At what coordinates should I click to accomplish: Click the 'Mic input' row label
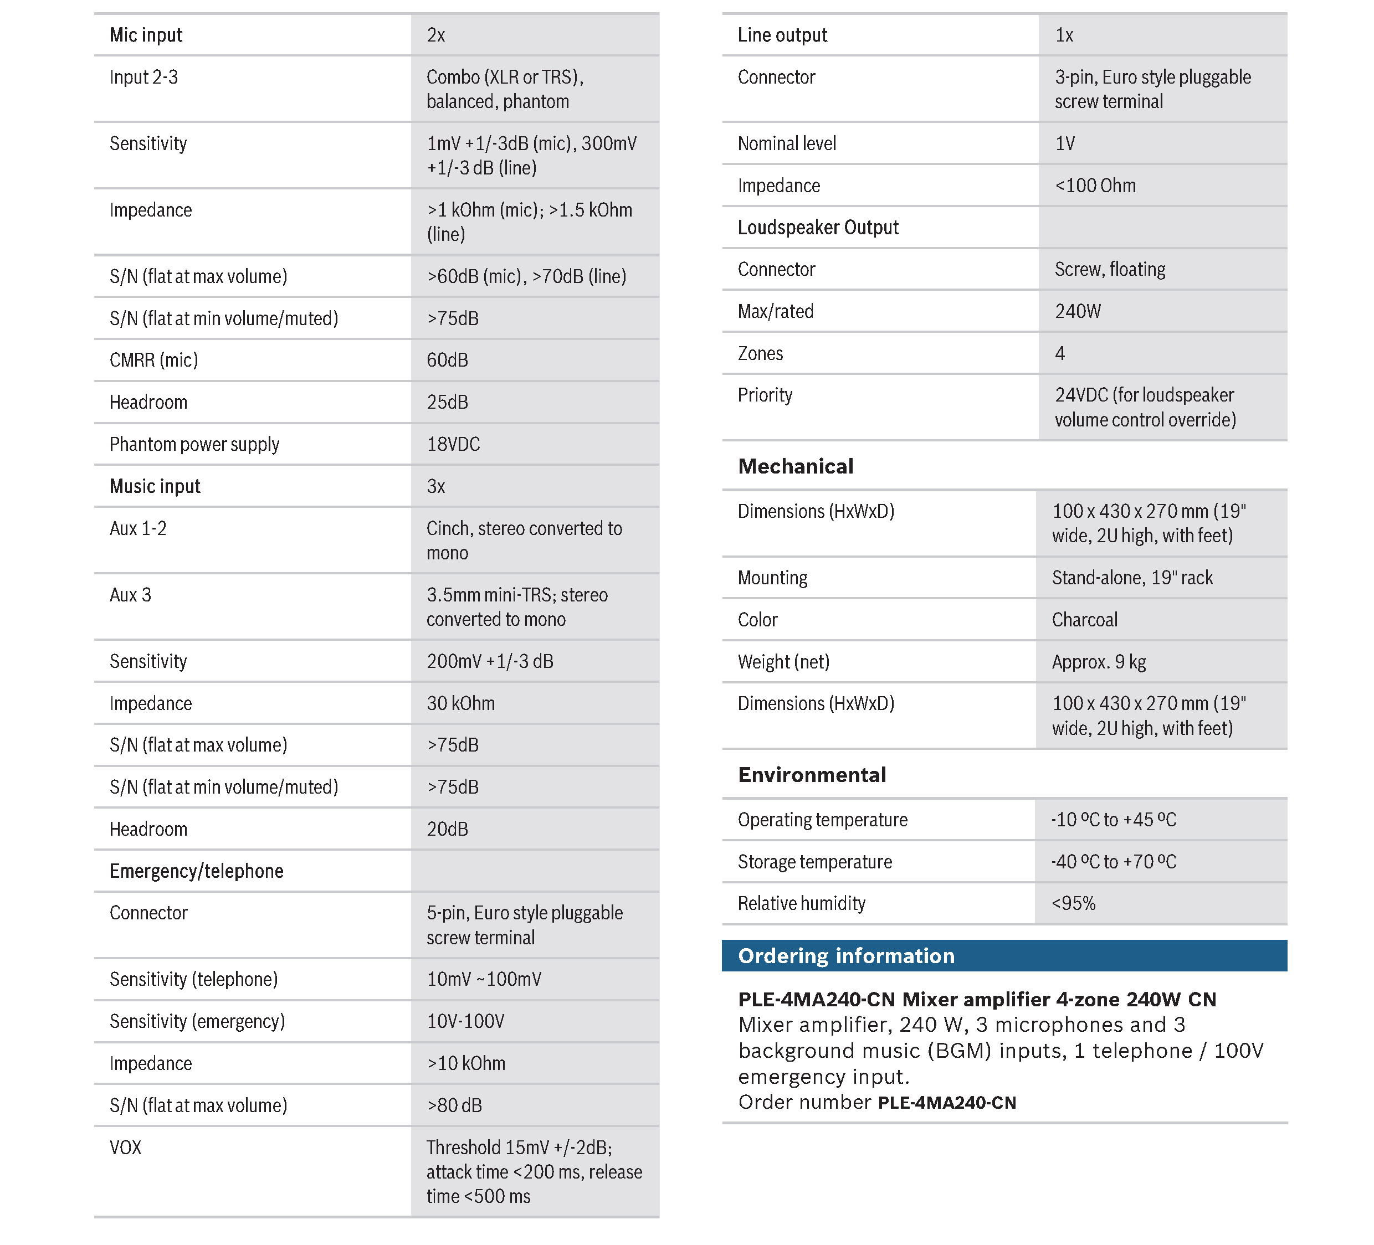click(146, 35)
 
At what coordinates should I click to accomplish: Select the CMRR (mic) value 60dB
click(447, 360)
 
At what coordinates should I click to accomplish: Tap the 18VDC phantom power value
click(453, 444)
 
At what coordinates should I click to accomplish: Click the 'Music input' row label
click(155, 487)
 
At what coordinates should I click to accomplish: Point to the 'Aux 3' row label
click(130, 595)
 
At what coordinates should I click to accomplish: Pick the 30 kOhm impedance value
click(461, 703)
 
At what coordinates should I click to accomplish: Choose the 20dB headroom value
click(447, 829)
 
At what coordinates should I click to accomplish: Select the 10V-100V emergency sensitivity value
click(465, 1021)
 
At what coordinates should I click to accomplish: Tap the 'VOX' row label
click(125, 1148)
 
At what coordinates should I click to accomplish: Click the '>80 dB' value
click(454, 1105)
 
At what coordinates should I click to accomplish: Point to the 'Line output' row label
click(782, 35)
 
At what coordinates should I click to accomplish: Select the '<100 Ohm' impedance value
click(1095, 186)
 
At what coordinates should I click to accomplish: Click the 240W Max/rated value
click(1078, 311)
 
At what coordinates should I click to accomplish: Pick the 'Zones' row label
click(760, 354)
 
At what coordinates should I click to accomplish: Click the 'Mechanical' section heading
click(796, 466)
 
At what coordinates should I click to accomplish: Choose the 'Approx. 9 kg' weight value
click(1099, 662)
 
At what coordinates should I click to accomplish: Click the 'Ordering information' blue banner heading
click(846, 956)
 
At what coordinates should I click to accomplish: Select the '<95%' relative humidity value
click(1074, 904)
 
